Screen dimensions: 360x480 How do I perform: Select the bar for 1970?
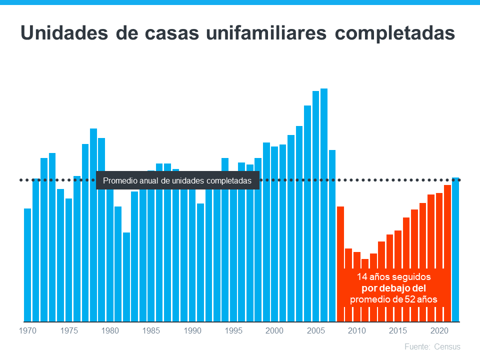tap(27, 265)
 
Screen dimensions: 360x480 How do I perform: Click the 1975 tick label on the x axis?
tap(69, 330)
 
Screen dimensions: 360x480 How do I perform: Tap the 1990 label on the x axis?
tap(192, 330)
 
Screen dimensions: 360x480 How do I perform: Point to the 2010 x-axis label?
tap(357, 330)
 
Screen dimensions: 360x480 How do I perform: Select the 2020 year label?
tap(439, 330)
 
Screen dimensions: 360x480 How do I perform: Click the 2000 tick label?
tap(274, 330)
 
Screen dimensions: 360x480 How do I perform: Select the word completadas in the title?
tap(395, 33)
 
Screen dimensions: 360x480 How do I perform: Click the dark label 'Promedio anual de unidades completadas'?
tap(177, 180)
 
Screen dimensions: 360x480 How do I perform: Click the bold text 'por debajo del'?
tap(393, 288)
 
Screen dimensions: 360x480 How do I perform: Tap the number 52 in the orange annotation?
tap(409, 299)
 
